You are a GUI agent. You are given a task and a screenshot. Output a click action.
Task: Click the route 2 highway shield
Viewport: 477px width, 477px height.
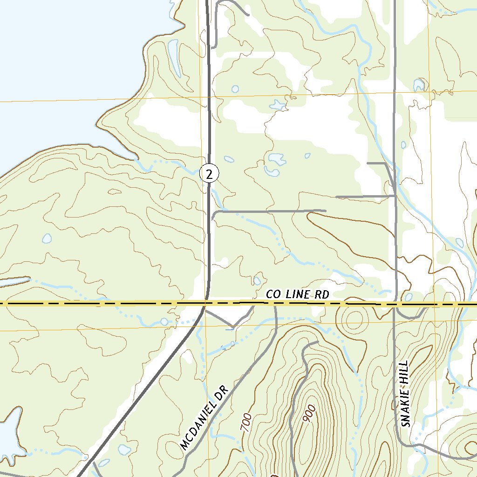click(x=209, y=174)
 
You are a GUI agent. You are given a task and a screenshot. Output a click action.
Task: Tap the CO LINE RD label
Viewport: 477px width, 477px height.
click(x=298, y=294)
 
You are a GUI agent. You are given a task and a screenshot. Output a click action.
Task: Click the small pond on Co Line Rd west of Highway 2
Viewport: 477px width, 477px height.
click(x=164, y=321)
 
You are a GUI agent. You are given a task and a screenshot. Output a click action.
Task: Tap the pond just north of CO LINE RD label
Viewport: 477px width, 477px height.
click(x=257, y=280)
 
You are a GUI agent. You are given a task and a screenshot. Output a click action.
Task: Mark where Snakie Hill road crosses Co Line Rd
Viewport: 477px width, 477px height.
click(x=395, y=305)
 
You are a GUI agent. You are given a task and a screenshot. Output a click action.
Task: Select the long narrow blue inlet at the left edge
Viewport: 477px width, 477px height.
click(x=14, y=282)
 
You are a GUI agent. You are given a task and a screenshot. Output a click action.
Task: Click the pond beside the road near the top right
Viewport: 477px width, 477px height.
click(x=419, y=85)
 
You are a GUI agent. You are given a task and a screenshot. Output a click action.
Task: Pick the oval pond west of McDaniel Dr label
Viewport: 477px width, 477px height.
click(x=123, y=450)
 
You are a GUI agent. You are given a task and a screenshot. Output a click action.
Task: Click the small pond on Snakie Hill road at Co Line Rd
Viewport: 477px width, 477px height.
click(x=409, y=297)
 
